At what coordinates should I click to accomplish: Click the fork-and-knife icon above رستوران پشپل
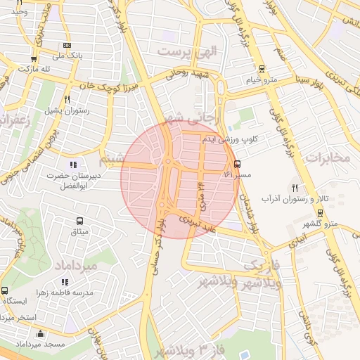67,99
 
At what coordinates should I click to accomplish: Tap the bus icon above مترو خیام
262,69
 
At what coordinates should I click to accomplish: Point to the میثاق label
78,231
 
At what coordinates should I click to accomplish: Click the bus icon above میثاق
78,220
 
